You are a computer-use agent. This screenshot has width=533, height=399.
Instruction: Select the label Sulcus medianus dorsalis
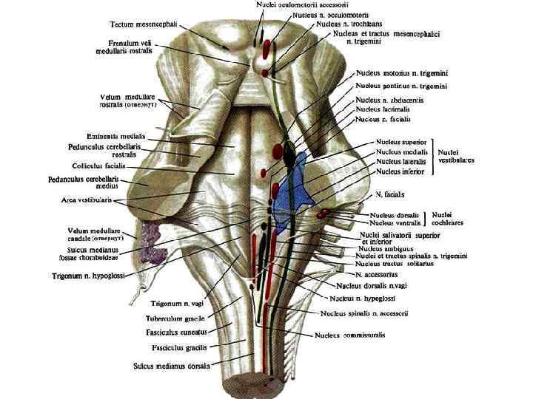point(171,365)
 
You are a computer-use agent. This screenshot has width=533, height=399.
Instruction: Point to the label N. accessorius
point(377,274)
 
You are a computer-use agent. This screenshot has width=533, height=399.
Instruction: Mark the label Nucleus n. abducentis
point(389,100)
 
